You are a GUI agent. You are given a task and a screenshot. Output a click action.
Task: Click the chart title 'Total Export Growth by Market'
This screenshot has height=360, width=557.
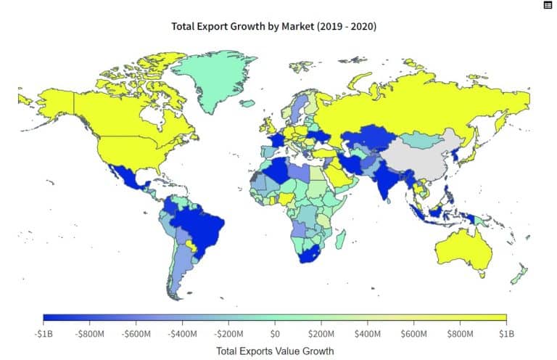[x=273, y=26]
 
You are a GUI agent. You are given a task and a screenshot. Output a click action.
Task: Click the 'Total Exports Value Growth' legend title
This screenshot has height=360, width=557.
[x=275, y=351]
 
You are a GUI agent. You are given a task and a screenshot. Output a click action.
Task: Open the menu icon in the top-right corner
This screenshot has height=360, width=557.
[x=548, y=5]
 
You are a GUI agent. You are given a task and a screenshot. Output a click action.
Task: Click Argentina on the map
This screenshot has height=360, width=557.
[x=181, y=269]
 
